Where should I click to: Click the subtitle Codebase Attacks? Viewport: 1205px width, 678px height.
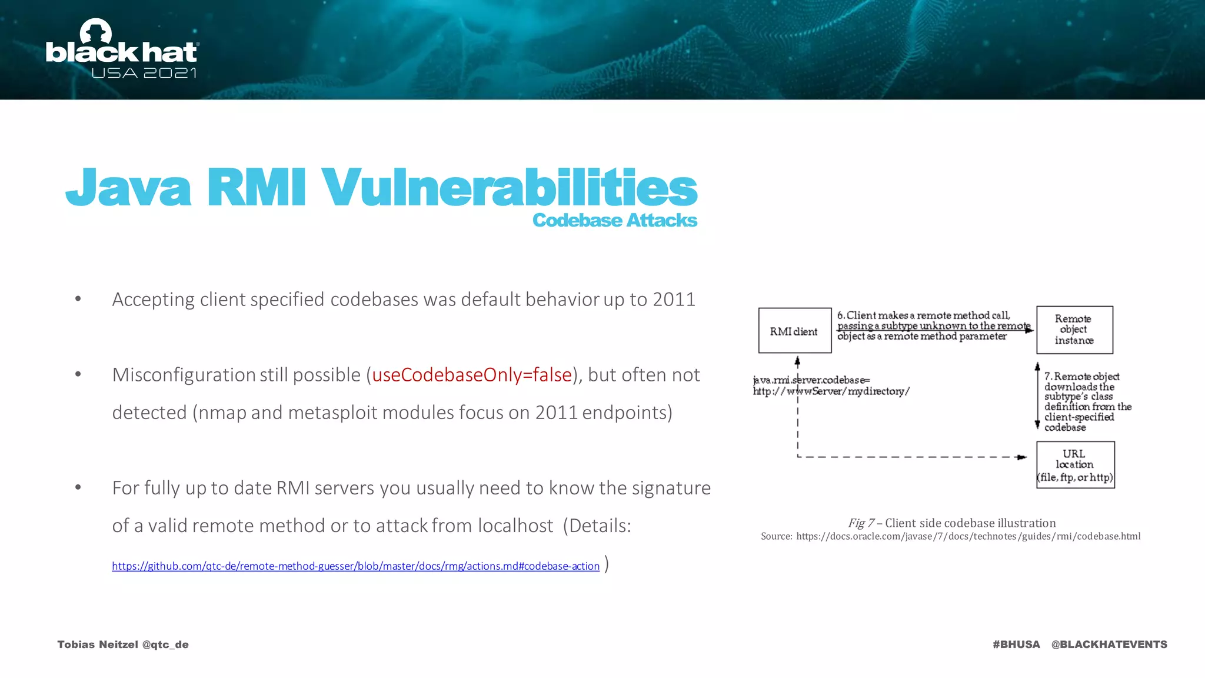click(x=614, y=220)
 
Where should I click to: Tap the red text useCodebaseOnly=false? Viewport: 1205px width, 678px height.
click(x=472, y=375)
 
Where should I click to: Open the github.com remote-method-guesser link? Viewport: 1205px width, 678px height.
click(x=355, y=566)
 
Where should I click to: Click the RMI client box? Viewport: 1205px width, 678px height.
click(x=794, y=331)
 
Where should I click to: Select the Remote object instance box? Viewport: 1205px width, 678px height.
click(x=1074, y=330)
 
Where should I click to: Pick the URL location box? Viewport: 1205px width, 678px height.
click(x=1075, y=465)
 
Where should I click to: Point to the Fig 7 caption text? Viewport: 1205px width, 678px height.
click(x=951, y=523)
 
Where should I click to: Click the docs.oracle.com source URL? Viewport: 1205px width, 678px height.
click(x=968, y=536)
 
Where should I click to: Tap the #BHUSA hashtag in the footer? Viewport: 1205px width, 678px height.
click(x=1016, y=644)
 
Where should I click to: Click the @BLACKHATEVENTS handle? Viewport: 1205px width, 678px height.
click(x=1109, y=644)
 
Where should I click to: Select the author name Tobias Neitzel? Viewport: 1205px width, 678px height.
click(x=97, y=644)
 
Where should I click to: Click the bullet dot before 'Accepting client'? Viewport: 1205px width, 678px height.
click(x=78, y=300)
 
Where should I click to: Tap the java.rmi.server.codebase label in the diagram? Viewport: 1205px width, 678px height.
click(x=812, y=380)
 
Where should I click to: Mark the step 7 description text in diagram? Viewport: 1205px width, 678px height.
click(x=1087, y=401)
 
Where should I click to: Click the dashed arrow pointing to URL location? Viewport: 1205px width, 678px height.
click(x=912, y=457)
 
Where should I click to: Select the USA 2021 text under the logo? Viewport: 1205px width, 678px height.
click(x=144, y=73)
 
